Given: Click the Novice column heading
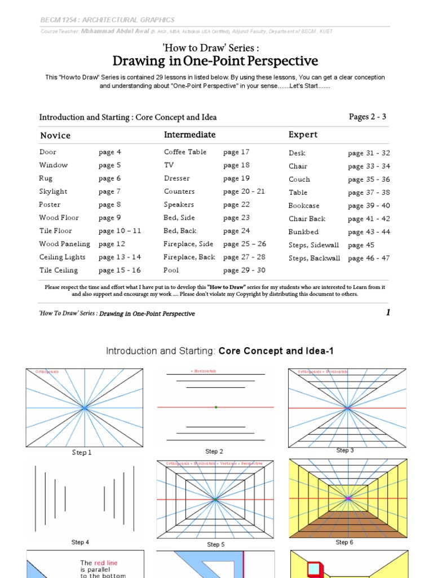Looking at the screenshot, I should pos(55,135).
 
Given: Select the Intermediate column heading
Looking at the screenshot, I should pos(189,134).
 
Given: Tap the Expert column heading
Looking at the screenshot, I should pos(303,134).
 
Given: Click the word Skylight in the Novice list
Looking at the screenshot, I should pos(53,191).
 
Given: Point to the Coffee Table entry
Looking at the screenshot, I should pos(185,152).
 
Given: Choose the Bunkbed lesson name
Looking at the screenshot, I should pos(303,232).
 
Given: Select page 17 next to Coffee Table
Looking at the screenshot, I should pos(236,152).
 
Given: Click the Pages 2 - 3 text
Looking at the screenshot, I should pos(368,117).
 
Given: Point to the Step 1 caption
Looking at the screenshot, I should pos(82,453).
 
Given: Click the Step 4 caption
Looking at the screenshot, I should pos(80,542).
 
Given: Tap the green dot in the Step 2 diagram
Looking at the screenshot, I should pos(216,407).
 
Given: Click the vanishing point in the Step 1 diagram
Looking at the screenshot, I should pos(84,407).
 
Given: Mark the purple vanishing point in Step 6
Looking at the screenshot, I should pos(348,499).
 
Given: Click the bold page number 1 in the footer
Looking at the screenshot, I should pos(388,313).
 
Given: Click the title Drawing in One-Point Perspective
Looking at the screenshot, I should pos(215,61).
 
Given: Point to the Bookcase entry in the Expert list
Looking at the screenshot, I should pos(304,206).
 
